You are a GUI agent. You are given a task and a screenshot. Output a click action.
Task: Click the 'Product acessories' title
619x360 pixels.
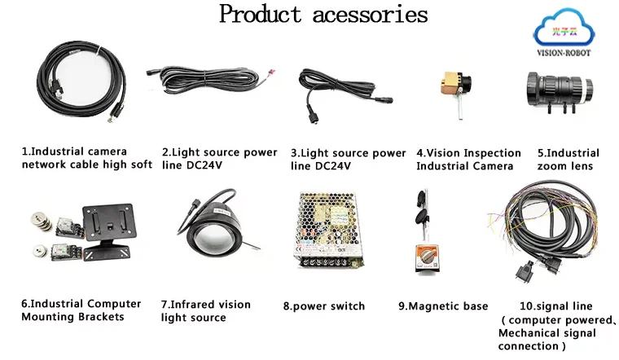pos(323,15)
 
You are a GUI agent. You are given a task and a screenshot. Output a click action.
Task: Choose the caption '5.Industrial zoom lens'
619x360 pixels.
pos(568,159)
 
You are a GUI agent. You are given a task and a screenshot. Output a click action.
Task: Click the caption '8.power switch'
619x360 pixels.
pos(324,306)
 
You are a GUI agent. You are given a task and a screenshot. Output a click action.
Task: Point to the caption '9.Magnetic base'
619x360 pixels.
pos(442,306)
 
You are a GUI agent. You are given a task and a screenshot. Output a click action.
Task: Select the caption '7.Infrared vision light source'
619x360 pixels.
pos(205,311)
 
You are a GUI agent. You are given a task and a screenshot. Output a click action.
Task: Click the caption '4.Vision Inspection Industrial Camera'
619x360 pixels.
pos(468,159)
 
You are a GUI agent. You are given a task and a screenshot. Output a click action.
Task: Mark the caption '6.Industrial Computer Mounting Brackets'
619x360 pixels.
pos(81,310)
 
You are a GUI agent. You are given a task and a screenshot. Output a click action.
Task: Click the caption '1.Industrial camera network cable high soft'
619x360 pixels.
pos(86,158)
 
